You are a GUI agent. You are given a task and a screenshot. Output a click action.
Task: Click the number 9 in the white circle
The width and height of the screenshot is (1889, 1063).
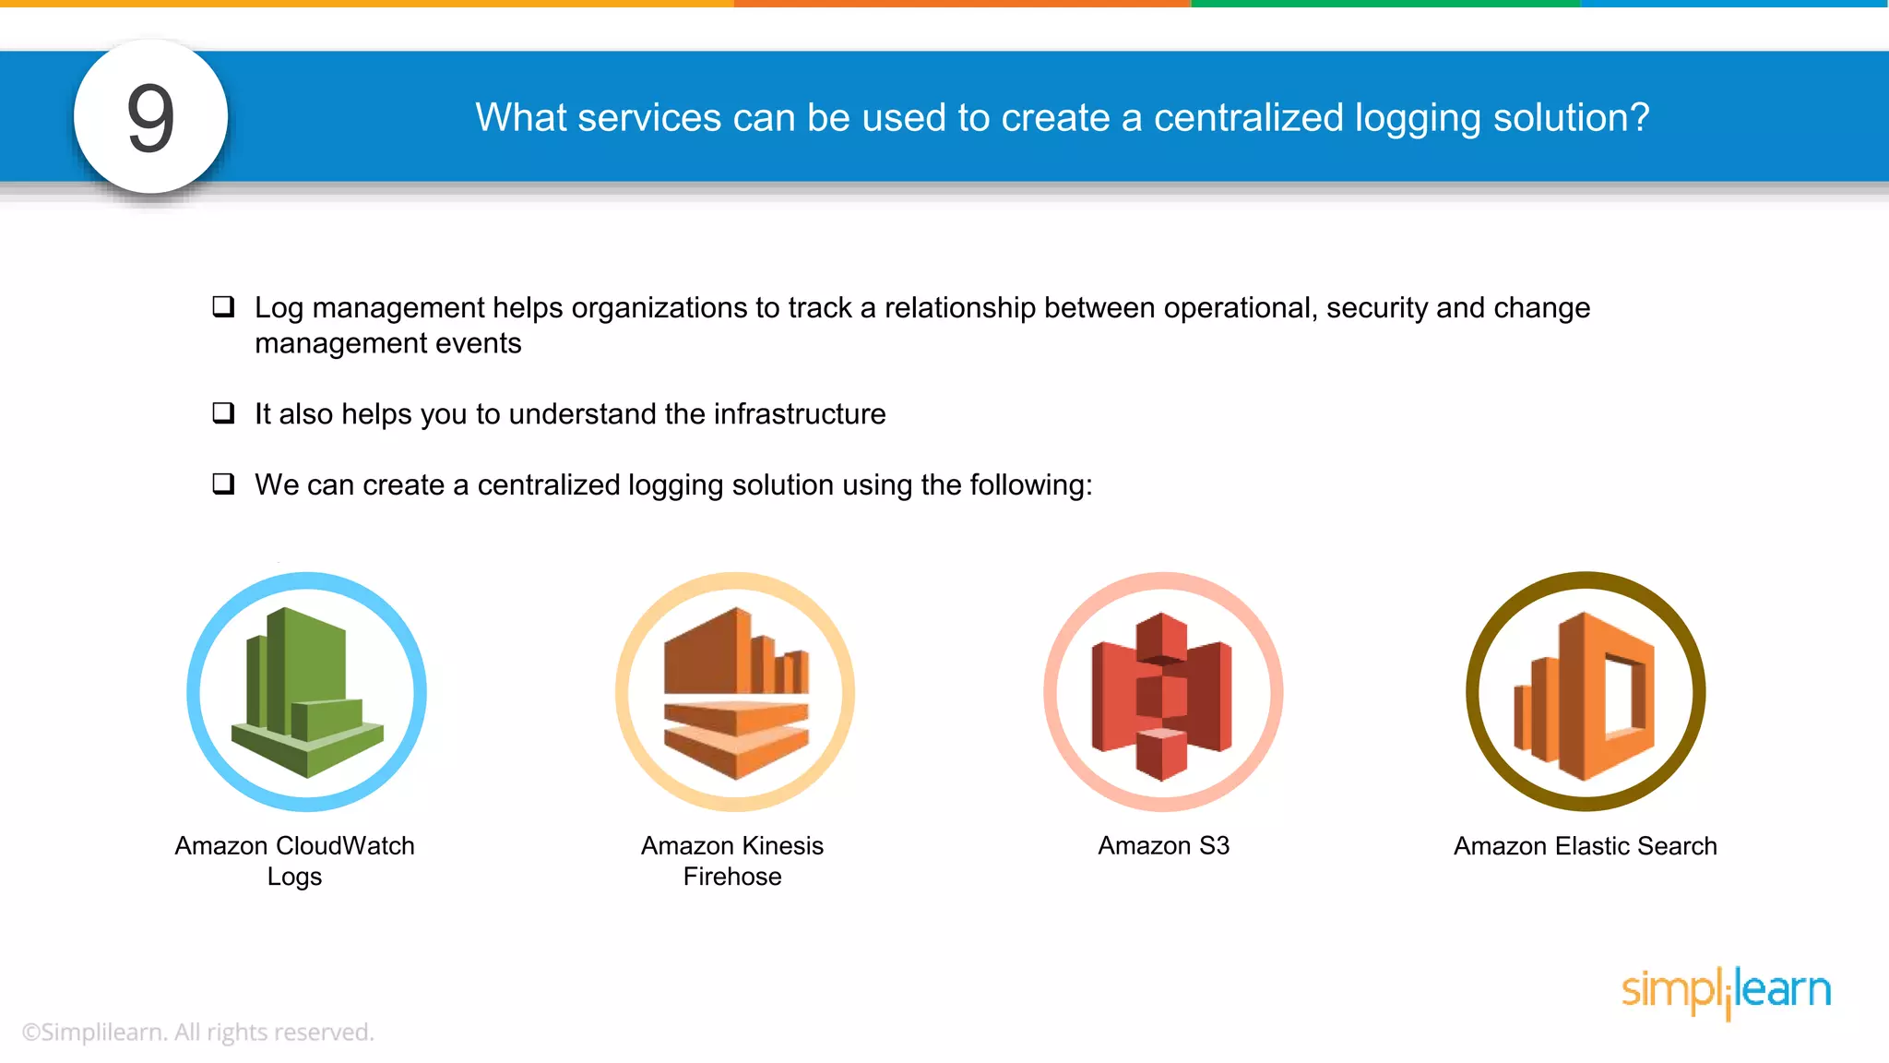[150, 117]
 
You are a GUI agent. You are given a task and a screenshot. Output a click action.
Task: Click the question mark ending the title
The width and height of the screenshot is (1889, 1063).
[1638, 117]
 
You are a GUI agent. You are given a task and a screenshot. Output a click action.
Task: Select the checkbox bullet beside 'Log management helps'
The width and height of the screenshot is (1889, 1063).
[223, 306]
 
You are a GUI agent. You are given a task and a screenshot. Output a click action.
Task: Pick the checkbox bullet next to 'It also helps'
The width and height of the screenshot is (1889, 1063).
[223, 412]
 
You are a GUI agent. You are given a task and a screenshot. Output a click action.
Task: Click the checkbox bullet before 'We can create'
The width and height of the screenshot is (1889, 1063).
[223, 484]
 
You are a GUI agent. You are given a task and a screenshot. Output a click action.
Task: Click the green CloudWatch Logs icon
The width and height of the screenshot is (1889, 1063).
[306, 692]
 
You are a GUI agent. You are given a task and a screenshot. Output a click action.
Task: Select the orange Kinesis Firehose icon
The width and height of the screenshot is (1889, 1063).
[735, 692]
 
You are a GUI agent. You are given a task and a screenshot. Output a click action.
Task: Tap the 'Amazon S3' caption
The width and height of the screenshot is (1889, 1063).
[1163, 846]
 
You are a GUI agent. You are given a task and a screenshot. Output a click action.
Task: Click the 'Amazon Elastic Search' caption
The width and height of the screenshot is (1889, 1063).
[1585, 846]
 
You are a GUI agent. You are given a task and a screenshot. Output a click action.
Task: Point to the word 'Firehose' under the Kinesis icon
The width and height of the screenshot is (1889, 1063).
[732, 877]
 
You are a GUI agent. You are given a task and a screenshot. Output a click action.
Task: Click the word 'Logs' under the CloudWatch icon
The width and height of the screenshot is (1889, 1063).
[294, 877]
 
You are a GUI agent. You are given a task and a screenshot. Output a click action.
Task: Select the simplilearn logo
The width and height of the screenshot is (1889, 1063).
[1726, 991]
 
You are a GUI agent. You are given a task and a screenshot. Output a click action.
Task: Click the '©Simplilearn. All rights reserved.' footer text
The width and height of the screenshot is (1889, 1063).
[197, 1032]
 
